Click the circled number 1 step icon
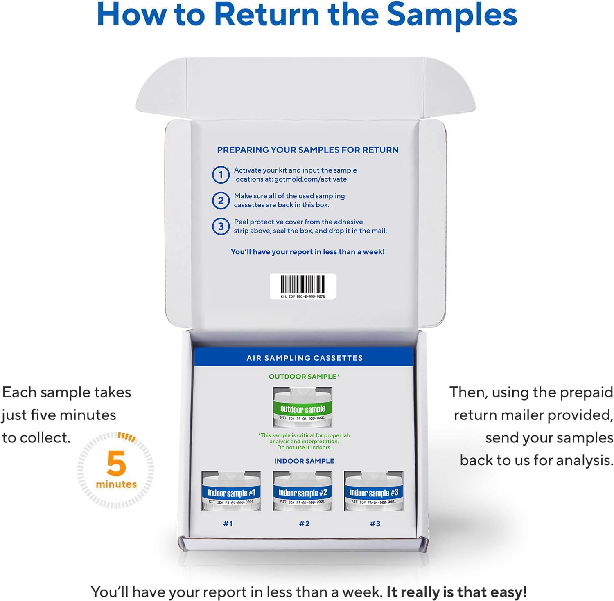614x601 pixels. pyautogui.click(x=221, y=175)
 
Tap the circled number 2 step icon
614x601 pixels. pyautogui.click(x=221, y=201)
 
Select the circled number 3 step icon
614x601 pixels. pyautogui.click(x=221, y=226)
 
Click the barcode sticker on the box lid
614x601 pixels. pyautogui.click(x=303, y=286)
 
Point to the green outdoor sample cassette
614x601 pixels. pyautogui.click(x=303, y=408)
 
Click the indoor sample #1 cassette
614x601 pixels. pyautogui.click(x=231, y=491)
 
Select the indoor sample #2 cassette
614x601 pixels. pyautogui.click(x=303, y=491)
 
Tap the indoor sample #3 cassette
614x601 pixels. pyautogui.click(x=374, y=491)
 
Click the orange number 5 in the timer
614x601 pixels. pyautogui.click(x=116, y=463)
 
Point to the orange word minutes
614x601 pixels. pyautogui.click(x=116, y=484)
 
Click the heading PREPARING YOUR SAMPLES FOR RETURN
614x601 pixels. pyautogui.click(x=308, y=150)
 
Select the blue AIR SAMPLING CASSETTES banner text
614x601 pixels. pyautogui.click(x=305, y=358)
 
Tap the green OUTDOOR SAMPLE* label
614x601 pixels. pyautogui.click(x=304, y=377)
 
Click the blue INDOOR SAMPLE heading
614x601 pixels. pyautogui.click(x=304, y=461)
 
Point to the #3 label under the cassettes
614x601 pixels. pyautogui.click(x=375, y=524)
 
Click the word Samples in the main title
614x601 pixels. pyautogui.click(x=452, y=15)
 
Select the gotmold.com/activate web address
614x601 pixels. pyautogui.click(x=311, y=179)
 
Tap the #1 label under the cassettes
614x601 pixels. pyautogui.click(x=228, y=524)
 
